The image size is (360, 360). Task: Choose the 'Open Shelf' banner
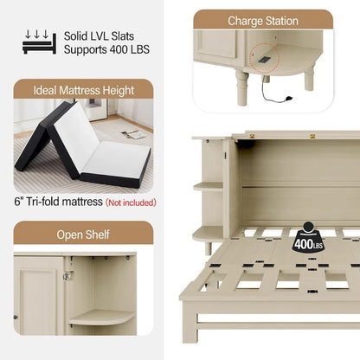pos(83,235)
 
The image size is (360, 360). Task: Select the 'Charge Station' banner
pos(262,20)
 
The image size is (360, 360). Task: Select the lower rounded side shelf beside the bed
pos(208,232)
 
